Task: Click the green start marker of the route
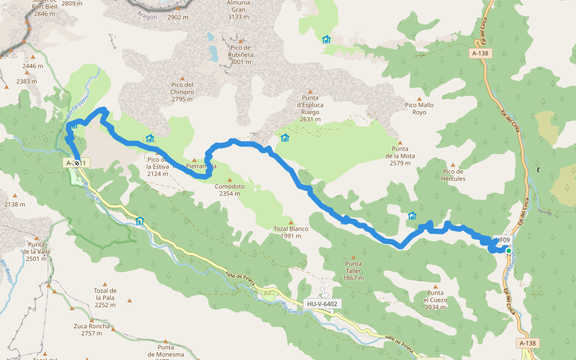point(508,251)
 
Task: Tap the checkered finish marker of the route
point(77,163)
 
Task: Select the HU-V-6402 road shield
point(322,304)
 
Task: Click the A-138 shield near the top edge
point(480,53)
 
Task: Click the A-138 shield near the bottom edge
point(527,343)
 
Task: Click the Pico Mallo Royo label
point(419,109)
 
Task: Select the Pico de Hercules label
point(453,175)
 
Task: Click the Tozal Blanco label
point(290,232)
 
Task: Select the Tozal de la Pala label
point(105,297)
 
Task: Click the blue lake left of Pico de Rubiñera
point(212,52)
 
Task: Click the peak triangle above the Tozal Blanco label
point(291,221)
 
